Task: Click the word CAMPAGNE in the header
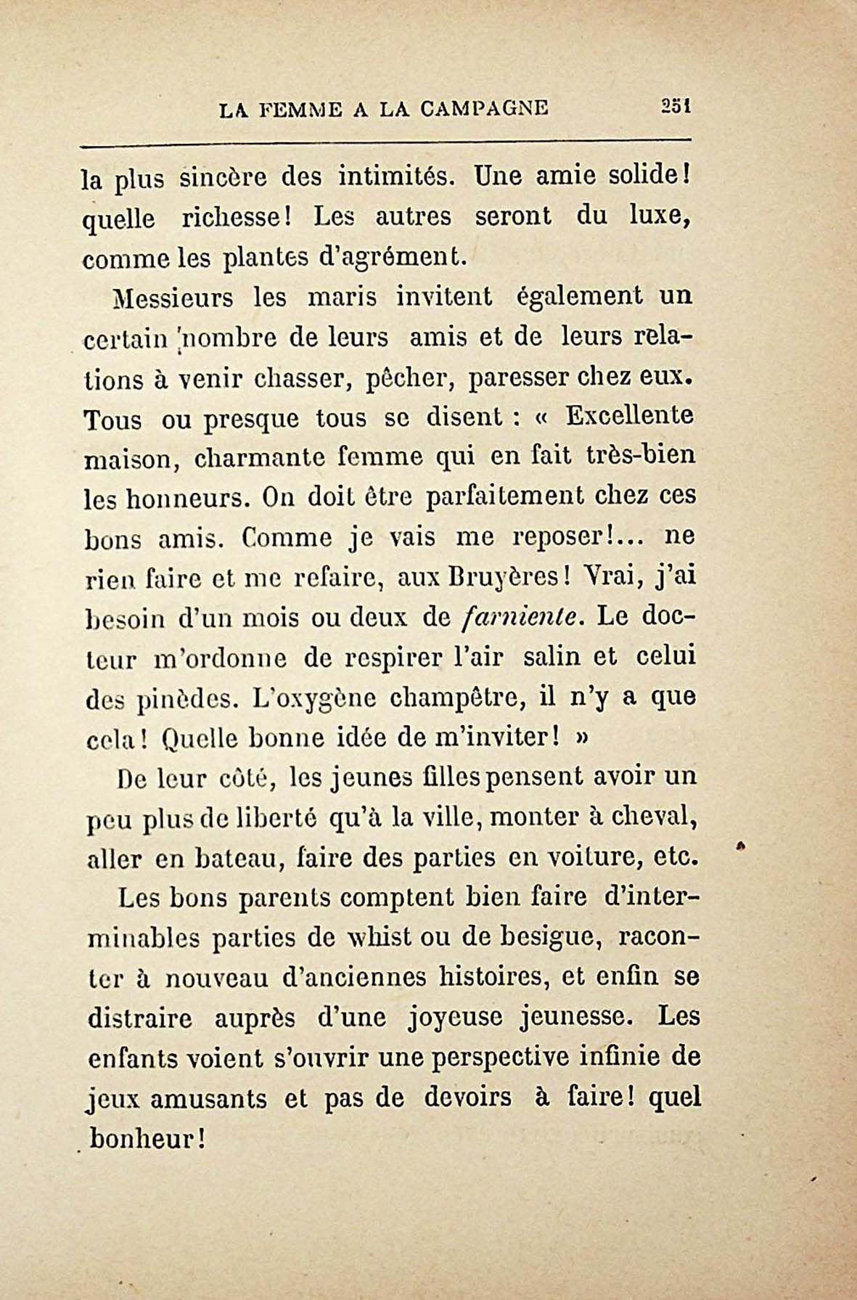tap(484, 109)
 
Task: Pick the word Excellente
tap(629, 417)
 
